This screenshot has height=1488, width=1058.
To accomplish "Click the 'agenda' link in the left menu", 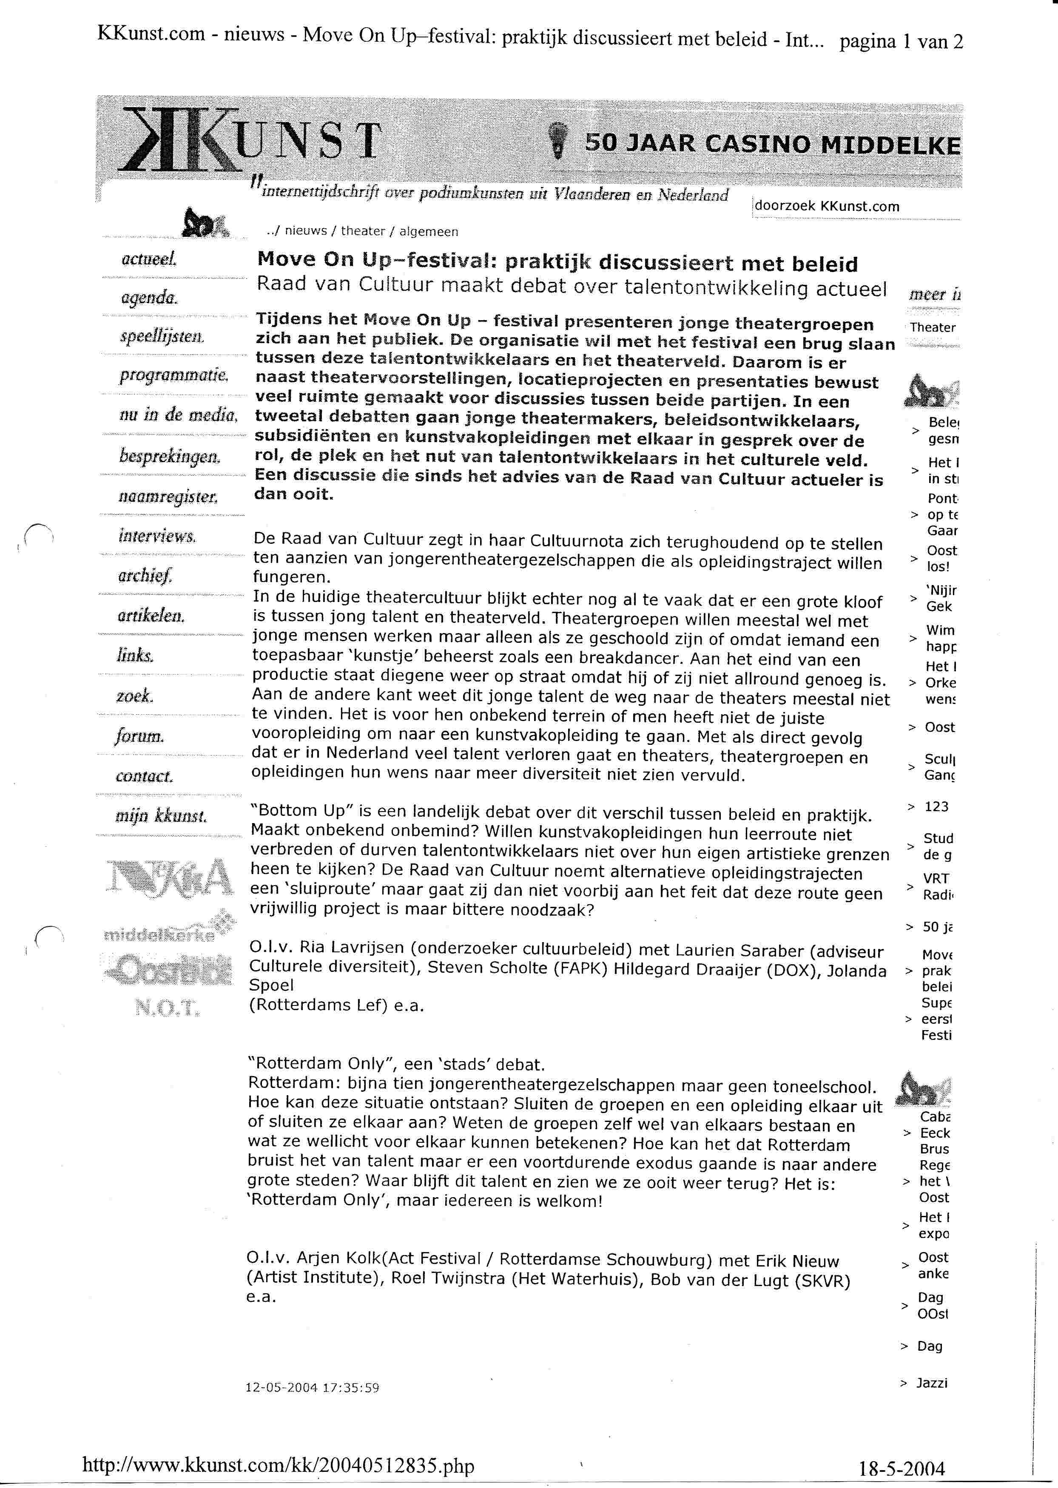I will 148,298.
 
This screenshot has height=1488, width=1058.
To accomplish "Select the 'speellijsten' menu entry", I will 162,337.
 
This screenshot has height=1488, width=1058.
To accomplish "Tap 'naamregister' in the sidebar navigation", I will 168,497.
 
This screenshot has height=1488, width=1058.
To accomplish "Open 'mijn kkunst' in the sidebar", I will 161,816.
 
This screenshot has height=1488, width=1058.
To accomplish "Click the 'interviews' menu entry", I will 157,537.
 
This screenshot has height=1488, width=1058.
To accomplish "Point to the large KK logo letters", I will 176,140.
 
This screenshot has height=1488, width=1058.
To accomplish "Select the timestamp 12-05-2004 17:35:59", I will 312,1388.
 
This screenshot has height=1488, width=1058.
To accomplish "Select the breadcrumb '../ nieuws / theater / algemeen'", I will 362,232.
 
